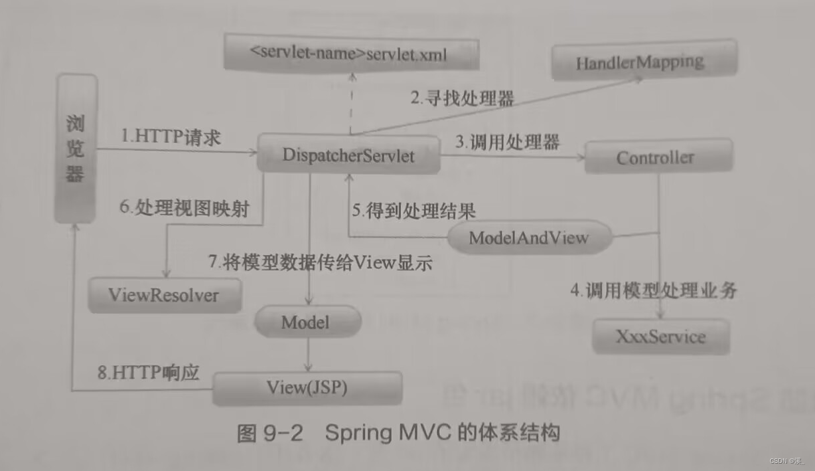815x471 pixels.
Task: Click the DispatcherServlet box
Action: point(348,155)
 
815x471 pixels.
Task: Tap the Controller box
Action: point(655,158)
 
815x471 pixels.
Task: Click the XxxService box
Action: point(660,336)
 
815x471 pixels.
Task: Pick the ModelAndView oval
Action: point(528,238)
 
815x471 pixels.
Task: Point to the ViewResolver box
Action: point(163,294)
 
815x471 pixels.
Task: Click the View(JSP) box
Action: point(307,387)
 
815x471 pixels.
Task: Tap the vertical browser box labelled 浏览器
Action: point(76,149)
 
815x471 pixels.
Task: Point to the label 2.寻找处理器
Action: point(462,99)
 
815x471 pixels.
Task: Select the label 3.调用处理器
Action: point(507,141)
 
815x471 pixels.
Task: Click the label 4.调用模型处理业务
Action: point(654,290)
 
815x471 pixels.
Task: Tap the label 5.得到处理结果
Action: point(413,211)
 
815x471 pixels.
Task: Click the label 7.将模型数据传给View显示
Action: point(321,262)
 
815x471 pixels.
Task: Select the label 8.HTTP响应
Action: point(148,372)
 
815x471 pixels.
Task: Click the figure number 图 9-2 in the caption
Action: point(269,433)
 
